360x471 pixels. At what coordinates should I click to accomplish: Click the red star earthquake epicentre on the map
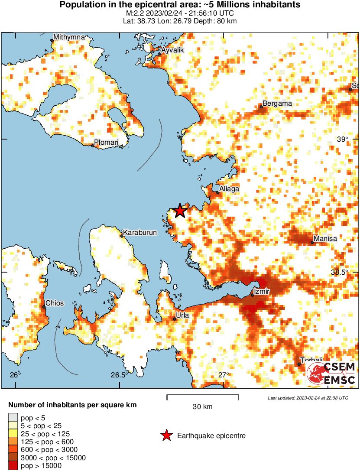point(180,211)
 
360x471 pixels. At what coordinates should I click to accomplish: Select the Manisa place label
point(325,238)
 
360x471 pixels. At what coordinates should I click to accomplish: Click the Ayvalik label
point(172,51)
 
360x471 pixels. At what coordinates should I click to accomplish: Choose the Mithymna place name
point(69,37)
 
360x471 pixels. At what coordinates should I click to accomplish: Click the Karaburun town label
point(140,233)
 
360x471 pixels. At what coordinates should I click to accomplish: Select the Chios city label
point(55,303)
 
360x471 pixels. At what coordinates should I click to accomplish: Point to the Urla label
point(182,315)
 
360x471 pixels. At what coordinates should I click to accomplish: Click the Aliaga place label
point(229,189)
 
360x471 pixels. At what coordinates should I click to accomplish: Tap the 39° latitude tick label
point(343,139)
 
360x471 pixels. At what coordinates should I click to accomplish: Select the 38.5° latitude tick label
point(340,272)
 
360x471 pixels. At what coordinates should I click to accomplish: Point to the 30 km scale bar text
point(202,407)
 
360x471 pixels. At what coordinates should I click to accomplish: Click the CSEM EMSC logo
point(331,374)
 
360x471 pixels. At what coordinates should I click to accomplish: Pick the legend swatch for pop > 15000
point(13,466)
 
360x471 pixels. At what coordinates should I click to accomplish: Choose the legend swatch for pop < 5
point(13,418)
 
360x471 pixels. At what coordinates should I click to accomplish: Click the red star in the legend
point(165,436)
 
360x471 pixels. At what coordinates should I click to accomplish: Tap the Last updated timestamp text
point(308,398)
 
